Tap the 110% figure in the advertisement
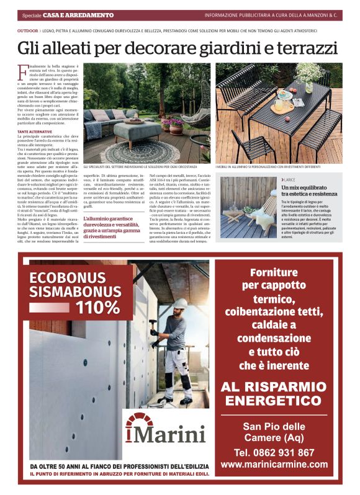pyautogui.click(x=97, y=306)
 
